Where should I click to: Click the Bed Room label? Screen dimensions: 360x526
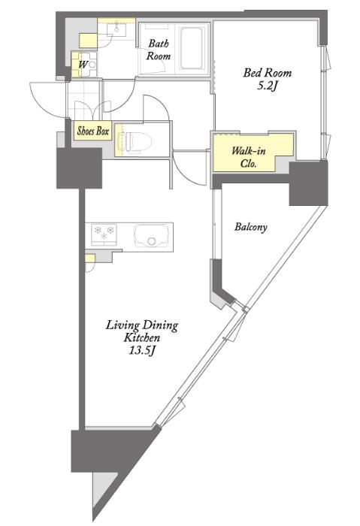pos(268,73)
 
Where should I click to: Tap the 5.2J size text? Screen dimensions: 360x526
pos(268,86)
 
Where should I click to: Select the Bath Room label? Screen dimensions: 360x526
pos(159,50)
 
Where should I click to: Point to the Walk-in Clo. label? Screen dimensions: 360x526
pos(249,157)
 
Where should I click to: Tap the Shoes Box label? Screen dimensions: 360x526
pos(93,131)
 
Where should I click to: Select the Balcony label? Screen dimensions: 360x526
pos(250,227)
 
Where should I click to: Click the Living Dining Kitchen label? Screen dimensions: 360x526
pos(142,331)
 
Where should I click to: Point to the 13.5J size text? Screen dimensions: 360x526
pos(142,351)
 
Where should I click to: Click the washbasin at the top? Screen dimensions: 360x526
pos(116,29)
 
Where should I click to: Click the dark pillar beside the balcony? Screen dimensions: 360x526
pos(308,183)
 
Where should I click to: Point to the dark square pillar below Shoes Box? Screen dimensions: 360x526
pos(79,168)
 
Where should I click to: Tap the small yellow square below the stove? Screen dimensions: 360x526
pos(90,258)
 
